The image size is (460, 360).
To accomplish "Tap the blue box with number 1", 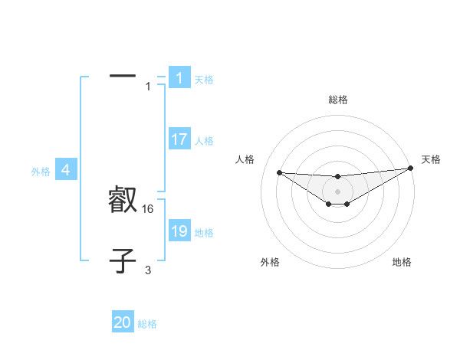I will [179, 78].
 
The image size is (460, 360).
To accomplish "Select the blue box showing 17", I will [179, 139].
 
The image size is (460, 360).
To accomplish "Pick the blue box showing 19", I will [179, 231].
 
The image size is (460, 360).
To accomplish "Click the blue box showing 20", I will [123, 322].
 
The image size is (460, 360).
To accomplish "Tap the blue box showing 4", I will [66, 170].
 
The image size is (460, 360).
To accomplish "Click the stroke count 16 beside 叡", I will [149, 209].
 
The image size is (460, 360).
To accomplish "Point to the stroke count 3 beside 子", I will [148, 270].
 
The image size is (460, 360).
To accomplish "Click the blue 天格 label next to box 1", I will [204, 79].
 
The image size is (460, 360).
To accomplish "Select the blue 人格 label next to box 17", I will [204, 140].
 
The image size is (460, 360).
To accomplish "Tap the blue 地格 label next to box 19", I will [204, 232].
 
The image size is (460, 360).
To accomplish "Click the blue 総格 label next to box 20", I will [147, 323].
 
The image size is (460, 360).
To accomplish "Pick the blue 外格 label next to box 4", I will [41, 172].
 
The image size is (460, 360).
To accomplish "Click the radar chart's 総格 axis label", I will [337, 100].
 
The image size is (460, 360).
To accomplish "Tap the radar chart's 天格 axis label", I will [431, 159].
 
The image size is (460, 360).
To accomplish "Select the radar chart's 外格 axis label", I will [270, 262].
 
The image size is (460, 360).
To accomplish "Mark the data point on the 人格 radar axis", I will [279, 172].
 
